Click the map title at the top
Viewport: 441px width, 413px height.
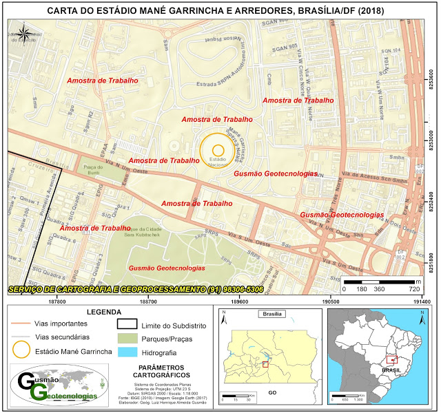[220, 12]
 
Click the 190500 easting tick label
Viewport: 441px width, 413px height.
[330, 301]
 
